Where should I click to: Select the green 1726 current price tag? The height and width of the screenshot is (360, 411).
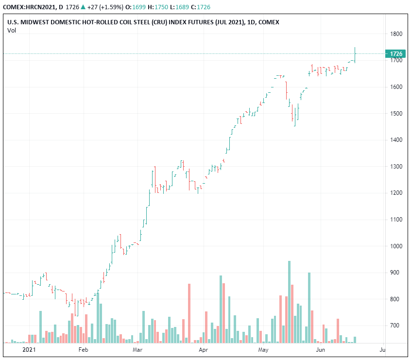395,53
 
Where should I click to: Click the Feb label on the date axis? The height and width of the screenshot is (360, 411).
83,349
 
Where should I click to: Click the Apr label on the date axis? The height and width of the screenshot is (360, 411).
204,349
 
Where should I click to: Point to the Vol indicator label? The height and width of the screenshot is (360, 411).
11,31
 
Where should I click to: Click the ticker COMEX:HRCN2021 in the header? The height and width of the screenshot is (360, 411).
30,7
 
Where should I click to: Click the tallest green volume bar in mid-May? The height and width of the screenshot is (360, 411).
289,301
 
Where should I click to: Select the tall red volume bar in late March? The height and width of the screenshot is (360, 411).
189,313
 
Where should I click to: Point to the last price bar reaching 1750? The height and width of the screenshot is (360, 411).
355,54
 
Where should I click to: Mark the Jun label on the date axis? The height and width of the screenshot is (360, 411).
321,349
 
